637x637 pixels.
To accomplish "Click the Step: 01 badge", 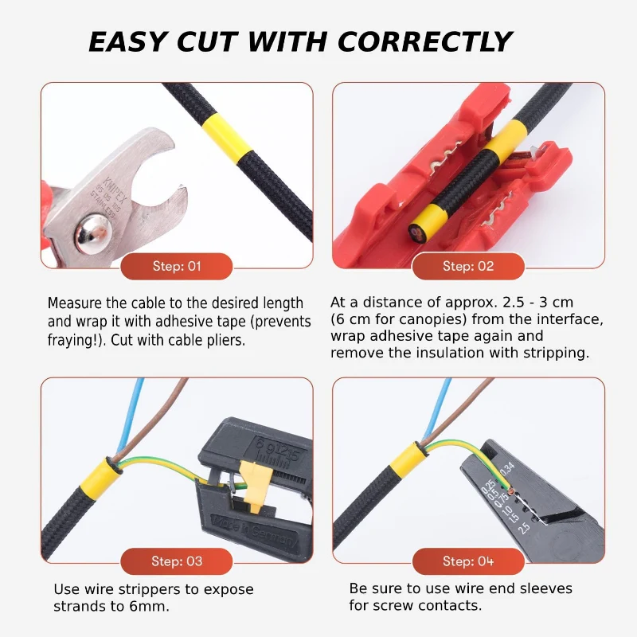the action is point(176,266).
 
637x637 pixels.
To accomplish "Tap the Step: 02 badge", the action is point(468,266).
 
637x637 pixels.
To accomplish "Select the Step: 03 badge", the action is point(176,561).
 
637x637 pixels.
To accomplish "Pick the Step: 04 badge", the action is point(468,561).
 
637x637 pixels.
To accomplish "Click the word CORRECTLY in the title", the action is point(424,42).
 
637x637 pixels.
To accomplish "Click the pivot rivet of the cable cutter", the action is point(93,234).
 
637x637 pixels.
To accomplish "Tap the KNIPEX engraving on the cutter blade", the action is point(115,191).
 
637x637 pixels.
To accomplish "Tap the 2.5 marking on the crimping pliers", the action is point(524,528).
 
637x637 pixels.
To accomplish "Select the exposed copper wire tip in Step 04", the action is point(511,492).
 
